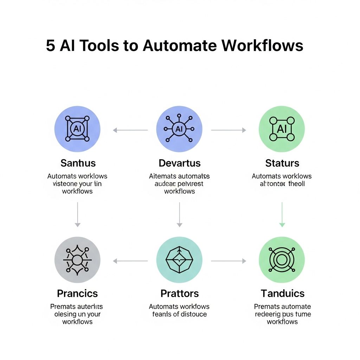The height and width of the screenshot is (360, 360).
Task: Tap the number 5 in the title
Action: (x=51, y=46)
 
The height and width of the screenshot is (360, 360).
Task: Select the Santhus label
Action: (x=78, y=163)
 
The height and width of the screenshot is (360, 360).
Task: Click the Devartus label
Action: (x=179, y=163)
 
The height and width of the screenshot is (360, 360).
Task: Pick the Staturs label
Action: (x=282, y=163)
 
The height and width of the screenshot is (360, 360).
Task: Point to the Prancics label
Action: (x=77, y=293)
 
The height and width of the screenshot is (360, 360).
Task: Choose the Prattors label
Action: (x=179, y=293)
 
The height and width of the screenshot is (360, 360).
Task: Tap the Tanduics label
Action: (x=282, y=293)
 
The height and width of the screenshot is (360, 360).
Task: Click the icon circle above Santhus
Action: (x=77, y=129)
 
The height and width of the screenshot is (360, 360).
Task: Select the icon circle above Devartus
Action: (x=179, y=129)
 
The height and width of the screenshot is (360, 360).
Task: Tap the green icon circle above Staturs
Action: (x=282, y=129)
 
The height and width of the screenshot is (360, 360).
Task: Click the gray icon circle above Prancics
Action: (x=77, y=260)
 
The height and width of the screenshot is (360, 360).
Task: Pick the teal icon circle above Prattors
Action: (x=179, y=260)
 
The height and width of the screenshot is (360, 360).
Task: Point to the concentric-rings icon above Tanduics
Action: (x=282, y=260)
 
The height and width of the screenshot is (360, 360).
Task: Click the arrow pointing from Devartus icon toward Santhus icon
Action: (x=130, y=130)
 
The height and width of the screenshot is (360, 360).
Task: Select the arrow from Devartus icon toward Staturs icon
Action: (x=229, y=130)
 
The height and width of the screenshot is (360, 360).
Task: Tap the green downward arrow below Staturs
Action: (x=282, y=214)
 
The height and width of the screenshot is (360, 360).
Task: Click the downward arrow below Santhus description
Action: (x=77, y=214)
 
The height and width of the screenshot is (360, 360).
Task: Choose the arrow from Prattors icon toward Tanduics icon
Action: (x=229, y=261)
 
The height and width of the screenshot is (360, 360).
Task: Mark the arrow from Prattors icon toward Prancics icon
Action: (x=130, y=261)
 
